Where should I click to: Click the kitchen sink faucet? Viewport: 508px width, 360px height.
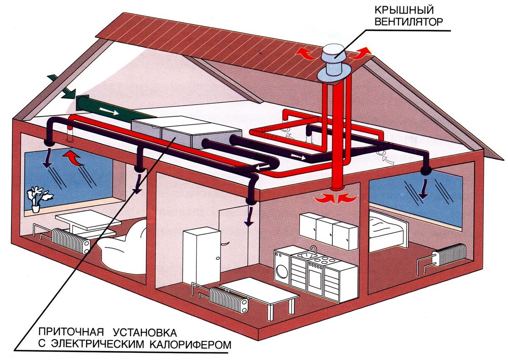click(x=313, y=250)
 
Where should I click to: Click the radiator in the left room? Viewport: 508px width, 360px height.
click(x=70, y=241)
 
